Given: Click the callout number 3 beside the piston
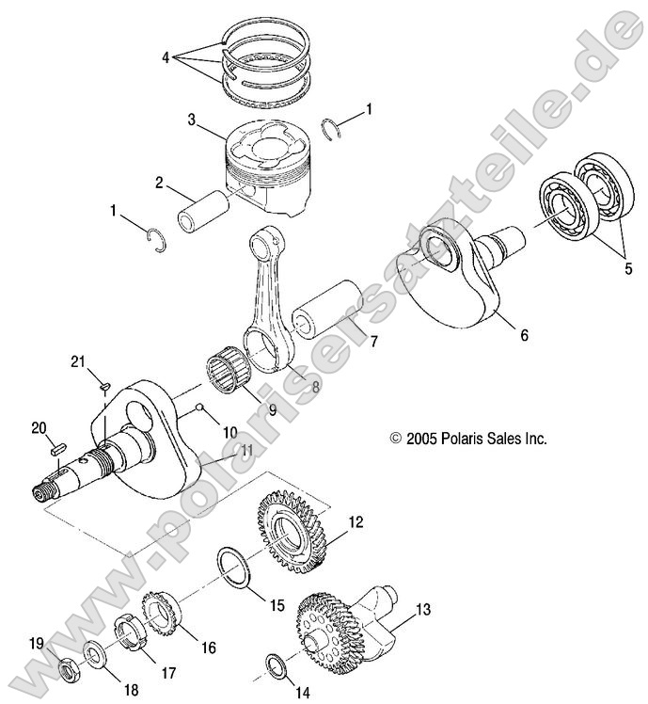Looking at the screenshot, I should click(x=191, y=120).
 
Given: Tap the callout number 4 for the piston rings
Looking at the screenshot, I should click(x=166, y=57).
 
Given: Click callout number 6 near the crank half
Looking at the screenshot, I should click(x=523, y=333).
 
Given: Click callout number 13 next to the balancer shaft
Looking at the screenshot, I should click(x=423, y=610).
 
